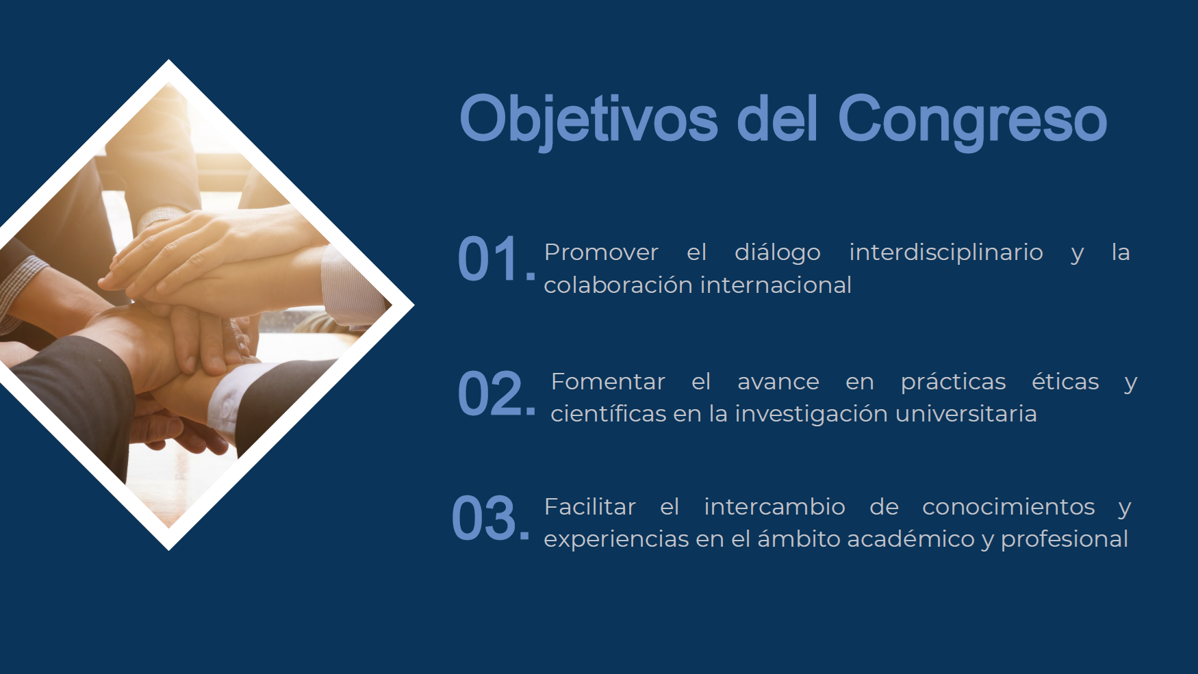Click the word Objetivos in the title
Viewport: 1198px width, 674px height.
tap(589, 120)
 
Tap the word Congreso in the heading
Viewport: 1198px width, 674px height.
tap(972, 122)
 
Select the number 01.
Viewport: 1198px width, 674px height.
tap(496, 259)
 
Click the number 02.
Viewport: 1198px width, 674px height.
tap(496, 393)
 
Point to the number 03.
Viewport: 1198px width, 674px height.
tap(490, 519)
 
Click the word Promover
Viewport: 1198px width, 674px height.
tap(601, 252)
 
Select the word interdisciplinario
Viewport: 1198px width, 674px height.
tap(946, 252)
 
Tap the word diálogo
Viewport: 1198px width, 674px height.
tap(778, 252)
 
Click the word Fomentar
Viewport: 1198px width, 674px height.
tap(608, 381)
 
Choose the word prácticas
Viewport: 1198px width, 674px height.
tap(953, 382)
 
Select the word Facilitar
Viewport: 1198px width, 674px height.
tap(590, 506)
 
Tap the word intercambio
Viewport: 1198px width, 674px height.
tap(774, 506)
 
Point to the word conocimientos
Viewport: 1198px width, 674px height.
tap(1008, 506)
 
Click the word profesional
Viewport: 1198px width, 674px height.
tap(1065, 540)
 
